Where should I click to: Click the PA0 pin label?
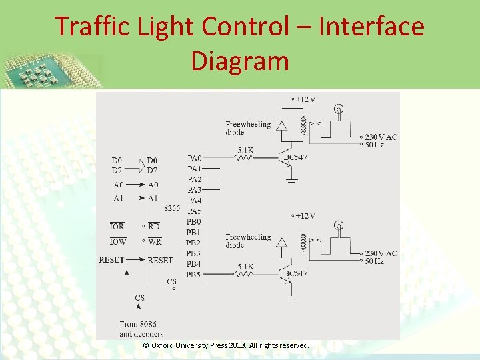click(194, 158)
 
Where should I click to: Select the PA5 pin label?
click(194, 211)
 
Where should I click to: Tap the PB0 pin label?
click(194, 221)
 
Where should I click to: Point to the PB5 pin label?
click(194, 275)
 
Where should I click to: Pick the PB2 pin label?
click(194, 243)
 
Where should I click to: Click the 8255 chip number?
click(172, 207)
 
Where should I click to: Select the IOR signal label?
click(117, 227)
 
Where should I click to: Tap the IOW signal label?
click(117, 241)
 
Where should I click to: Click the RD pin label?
click(154, 227)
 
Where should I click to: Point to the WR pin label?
click(155, 241)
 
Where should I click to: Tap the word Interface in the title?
click(372, 27)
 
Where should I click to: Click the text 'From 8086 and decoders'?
click(141, 329)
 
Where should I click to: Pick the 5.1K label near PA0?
click(245, 150)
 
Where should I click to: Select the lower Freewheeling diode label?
click(247, 241)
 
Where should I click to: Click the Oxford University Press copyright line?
click(227, 345)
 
